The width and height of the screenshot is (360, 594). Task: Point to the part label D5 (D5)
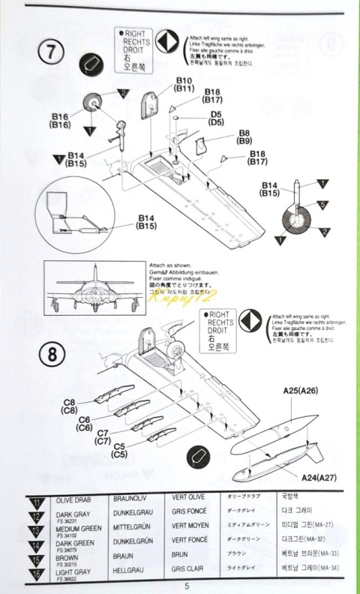pos(216,118)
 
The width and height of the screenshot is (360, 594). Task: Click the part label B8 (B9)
pos(244,136)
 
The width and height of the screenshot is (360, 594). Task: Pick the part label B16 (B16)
pos(61,121)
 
